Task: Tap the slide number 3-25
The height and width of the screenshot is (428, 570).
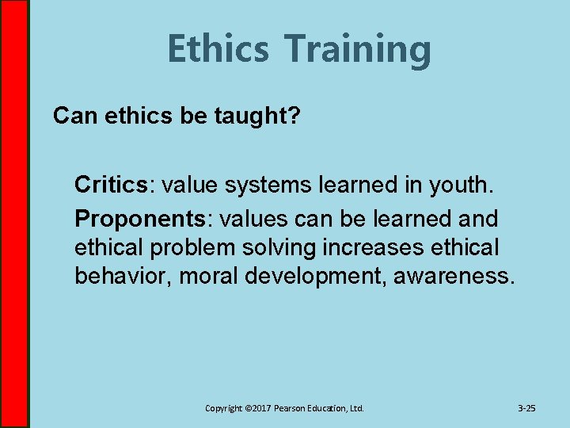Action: (x=526, y=408)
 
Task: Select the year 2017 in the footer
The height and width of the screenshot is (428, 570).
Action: (x=260, y=408)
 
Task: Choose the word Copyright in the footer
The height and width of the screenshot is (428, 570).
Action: (x=223, y=408)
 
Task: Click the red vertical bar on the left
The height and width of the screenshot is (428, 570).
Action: (x=13, y=214)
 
